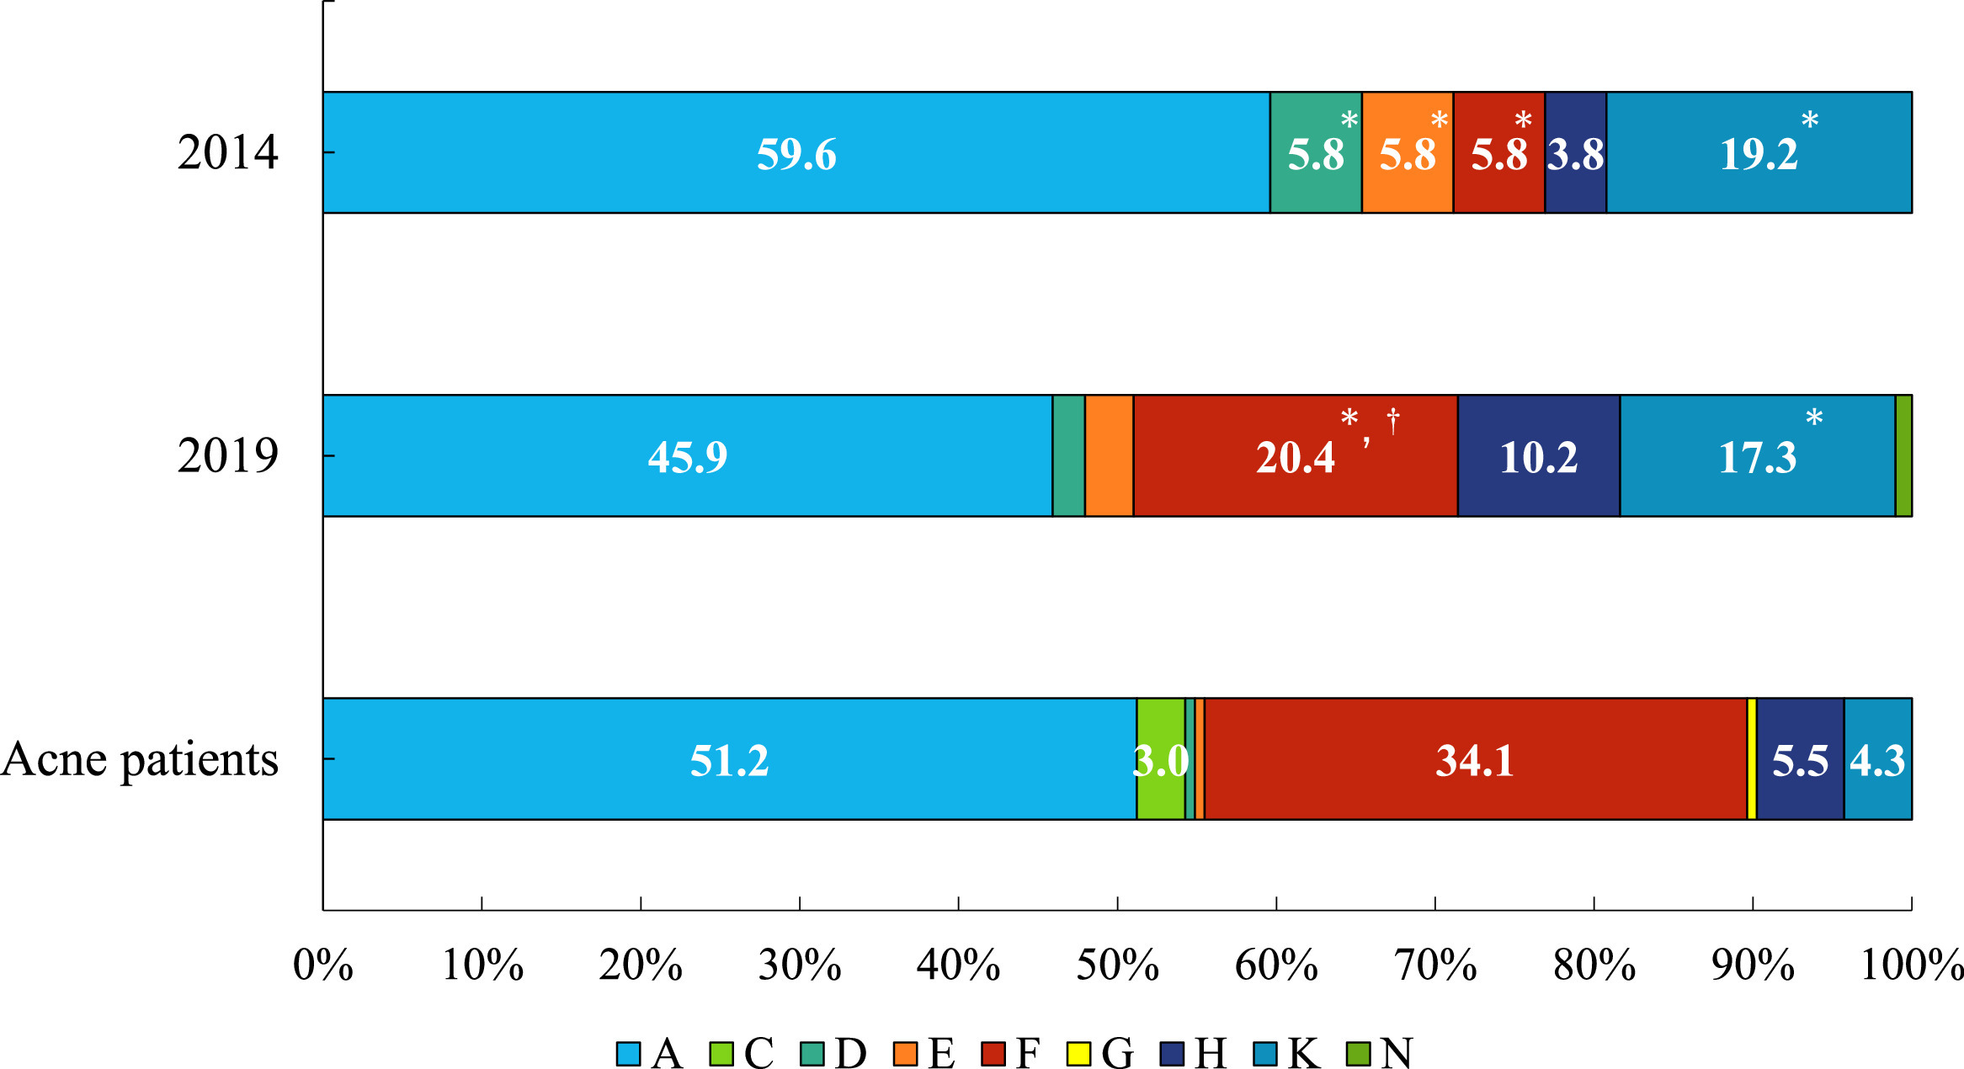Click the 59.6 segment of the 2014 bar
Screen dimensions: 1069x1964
[796, 152]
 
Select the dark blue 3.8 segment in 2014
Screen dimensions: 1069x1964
[1575, 152]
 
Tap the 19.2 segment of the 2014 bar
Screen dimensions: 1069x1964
[1759, 152]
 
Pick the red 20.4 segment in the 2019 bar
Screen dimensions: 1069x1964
[1295, 455]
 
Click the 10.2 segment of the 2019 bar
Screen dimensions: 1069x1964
[1538, 455]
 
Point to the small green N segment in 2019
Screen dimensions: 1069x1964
[1903, 455]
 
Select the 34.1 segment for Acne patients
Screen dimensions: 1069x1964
[1475, 758]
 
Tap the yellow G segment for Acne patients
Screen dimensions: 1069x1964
[1752, 758]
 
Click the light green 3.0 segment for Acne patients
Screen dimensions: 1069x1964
[1160, 758]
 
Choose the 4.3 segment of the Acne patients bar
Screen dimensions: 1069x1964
[1877, 758]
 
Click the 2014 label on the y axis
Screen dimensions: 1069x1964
[227, 152]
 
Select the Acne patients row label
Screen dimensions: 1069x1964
[140, 760]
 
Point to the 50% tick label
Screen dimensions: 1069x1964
[1117, 965]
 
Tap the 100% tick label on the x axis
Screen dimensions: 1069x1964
[1912, 965]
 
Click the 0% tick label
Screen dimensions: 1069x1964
[322, 965]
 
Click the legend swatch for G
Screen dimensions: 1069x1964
[1078, 1053]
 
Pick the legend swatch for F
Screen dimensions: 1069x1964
[993, 1053]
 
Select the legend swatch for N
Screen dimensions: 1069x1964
[1358, 1053]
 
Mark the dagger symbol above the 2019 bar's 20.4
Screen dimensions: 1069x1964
[1393, 420]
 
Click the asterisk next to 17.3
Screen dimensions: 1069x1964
[1814, 417]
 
